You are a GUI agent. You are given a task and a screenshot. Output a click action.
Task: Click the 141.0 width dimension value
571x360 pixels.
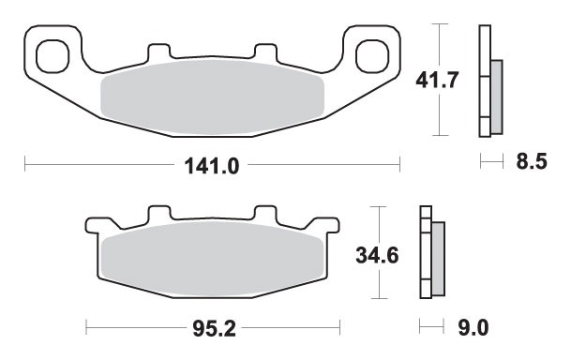click(212, 166)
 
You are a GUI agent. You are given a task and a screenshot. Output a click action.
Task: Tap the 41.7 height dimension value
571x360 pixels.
click(437, 80)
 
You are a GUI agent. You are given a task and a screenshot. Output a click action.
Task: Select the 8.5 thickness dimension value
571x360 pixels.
click(532, 161)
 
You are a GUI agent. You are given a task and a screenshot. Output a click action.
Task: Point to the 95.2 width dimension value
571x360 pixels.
click(214, 329)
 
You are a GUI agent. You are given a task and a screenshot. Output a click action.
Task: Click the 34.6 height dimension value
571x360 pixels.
click(377, 255)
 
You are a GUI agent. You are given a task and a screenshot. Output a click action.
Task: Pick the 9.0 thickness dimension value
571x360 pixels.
click(473, 328)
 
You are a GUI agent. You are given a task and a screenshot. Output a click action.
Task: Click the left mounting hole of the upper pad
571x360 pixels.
click(53, 56)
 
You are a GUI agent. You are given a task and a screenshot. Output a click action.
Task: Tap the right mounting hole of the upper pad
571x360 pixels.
click(372, 56)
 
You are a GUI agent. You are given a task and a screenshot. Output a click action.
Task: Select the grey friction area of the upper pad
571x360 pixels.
click(212, 97)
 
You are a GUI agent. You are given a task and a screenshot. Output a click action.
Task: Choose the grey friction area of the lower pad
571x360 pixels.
click(212, 259)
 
